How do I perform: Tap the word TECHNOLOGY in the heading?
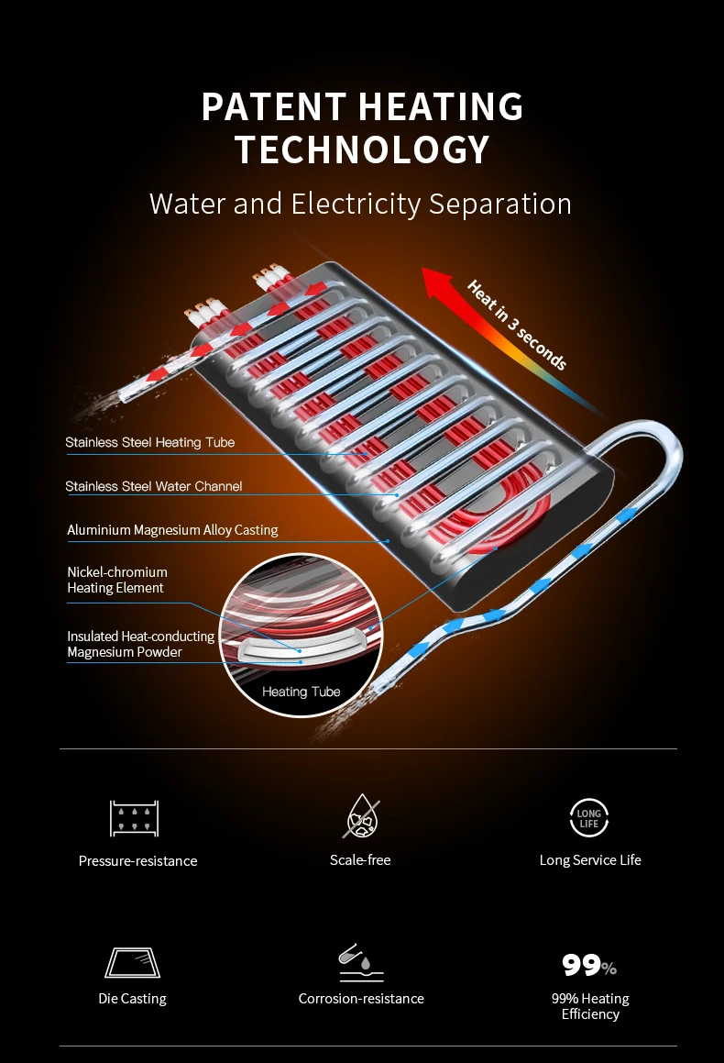[x=362, y=149]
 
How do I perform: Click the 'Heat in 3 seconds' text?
[x=517, y=325]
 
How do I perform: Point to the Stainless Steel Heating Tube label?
[x=150, y=442]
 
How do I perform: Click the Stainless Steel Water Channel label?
[x=154, y=486]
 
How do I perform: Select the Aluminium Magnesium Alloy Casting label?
[x=172, y=530]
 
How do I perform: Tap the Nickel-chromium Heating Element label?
[x=117, y=580]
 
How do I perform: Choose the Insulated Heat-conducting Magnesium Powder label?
[x=140, y=644]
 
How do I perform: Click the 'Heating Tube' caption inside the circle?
[x=301, y=692]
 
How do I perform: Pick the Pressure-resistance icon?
[x=135, y=817]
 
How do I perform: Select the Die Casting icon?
[x=132, y=963]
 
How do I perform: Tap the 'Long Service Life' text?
[x=590, y=859]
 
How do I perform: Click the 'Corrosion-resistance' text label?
[x=361, y=998]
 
